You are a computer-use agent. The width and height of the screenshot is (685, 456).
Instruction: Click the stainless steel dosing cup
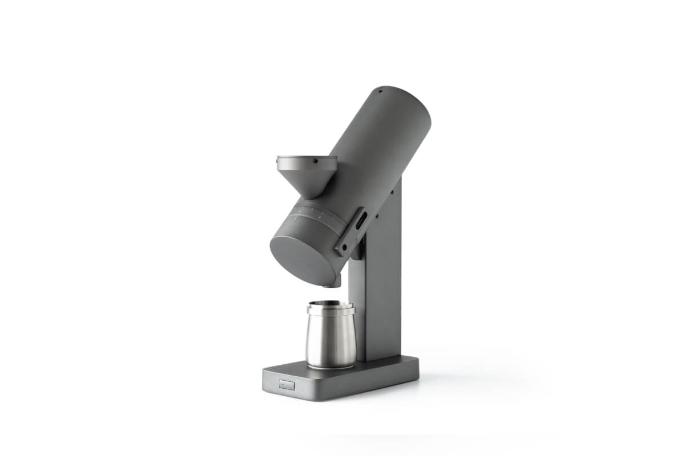point(330,339)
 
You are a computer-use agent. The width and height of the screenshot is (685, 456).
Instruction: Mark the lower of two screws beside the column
point(377,217)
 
